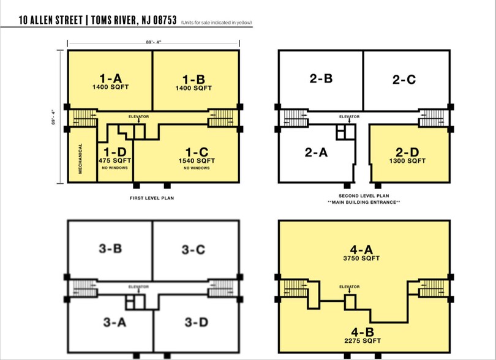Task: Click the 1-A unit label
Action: tap(110, 78)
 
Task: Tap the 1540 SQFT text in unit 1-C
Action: tap(197, 160)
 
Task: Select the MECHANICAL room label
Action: tap(80, 159)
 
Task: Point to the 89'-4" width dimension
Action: tap(154, 42)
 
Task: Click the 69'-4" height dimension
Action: tap(53, 117)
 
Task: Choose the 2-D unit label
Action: tap(407, 152)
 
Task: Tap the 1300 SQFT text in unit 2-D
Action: tap(407, 161)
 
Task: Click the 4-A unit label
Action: tap(361, 250)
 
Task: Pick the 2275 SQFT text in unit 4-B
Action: tap(363, 340)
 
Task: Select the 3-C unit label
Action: tap(194, 250)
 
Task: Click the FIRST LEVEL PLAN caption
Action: tap(152, 198)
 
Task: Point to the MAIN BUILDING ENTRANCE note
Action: tap(364, 202)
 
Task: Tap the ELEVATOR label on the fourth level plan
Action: tap(350, 287)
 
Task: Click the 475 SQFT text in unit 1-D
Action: tap(115, 160)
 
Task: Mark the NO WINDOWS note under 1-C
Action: tap(197, 168)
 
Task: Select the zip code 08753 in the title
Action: tap(165, 20)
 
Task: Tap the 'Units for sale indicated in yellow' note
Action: tap(217, 23)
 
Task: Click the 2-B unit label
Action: tap(321, 78)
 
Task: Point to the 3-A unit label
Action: tap(115, 323)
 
